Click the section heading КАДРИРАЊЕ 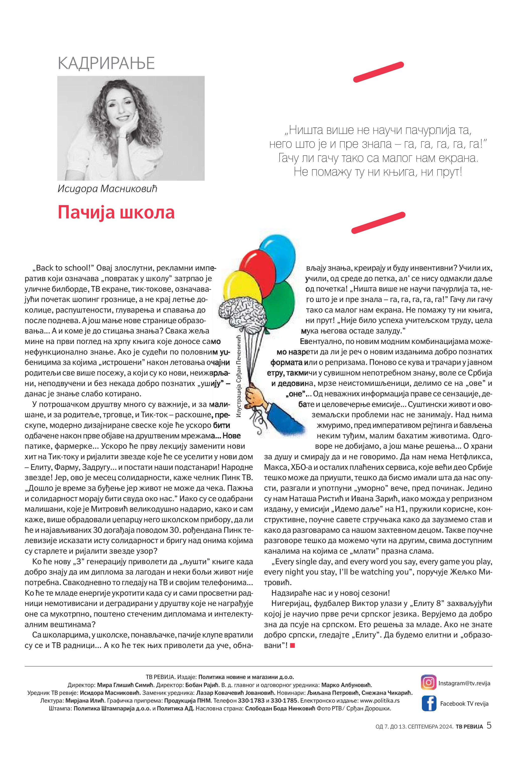(106, 63)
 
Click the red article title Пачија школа (116, 212)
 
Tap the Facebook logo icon (429, 703)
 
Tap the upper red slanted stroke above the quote (378, 72)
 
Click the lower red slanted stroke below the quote (378, 222)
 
